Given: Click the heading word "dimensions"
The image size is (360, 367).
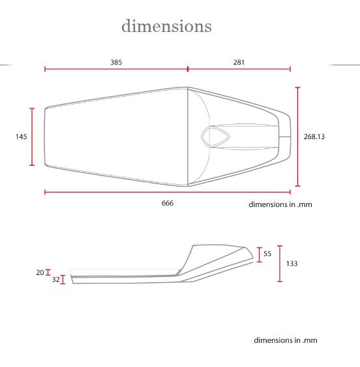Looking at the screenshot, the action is (x=166, y=26).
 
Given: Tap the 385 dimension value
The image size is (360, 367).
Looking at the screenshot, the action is (x=116, y=62).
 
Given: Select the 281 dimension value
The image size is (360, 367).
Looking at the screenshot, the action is (x=239, y=62).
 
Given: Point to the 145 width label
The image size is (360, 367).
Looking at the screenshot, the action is (x=22, y=136).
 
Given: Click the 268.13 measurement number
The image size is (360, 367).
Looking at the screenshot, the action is (x=314, y=136).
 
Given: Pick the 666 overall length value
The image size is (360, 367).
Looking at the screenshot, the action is (x=168, y=203).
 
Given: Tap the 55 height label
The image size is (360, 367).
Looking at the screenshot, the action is (x=267, y=254).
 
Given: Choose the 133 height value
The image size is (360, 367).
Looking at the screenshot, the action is (x=292, y=264).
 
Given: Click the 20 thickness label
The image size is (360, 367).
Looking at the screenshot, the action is (x=40, y=272).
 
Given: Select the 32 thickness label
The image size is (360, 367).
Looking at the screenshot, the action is (x=56, y=279).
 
